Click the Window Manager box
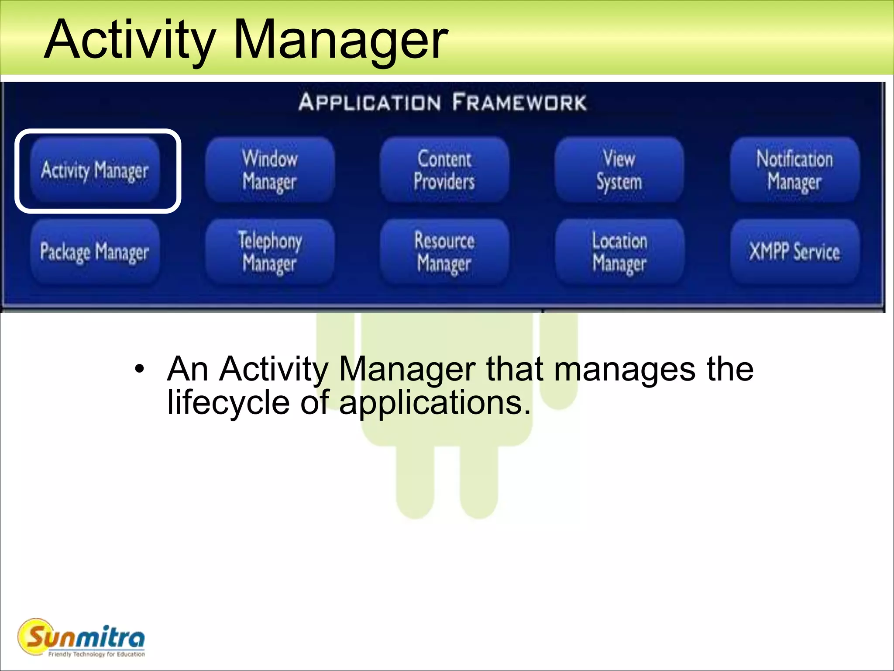(x=270, y=170)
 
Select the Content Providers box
(x=444, y=170)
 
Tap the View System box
(x=619, y=170)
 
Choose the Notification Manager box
(x=794, y=170)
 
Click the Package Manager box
(x=95, y=252)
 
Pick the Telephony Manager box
(x=270, y=252)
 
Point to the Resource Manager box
(x=444, y=252)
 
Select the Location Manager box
(x=619, y=252)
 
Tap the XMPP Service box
(x=794, y=252)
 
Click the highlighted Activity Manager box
(x=95, y=170)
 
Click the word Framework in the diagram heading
(x=519, y=102)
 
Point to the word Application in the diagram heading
(x=370, y=102)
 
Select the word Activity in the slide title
(x=130, y=40)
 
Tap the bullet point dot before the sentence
(x=139, y=369)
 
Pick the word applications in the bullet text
(x=435, y=403)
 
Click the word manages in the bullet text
(x=624, y=370)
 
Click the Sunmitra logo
(x=81, y=637)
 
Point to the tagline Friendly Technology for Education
(x=96, y=654)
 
